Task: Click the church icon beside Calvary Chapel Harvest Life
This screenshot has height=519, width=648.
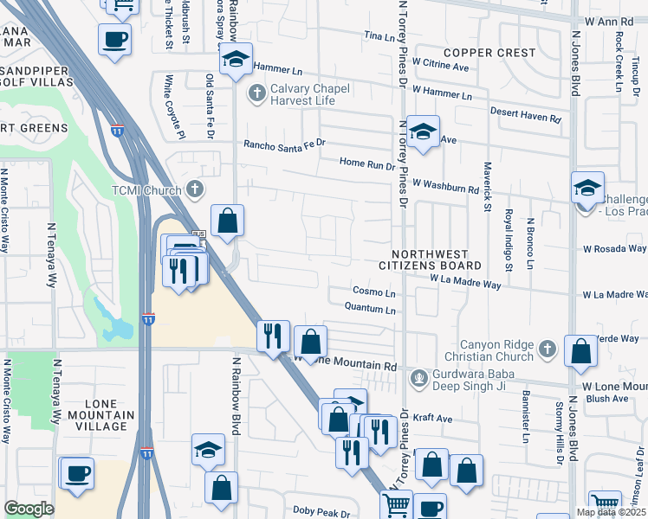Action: pyautogui.click(x=256, y=93)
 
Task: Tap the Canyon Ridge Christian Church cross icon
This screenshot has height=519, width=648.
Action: pyautogui.click(x=547, y=348)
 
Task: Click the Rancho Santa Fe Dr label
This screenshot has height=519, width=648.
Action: pyautogui.click(x=283, y=144)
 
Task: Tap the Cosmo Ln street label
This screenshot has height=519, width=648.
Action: pyautogui.click(x=374, y=292)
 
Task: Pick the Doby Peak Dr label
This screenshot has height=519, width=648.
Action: pyautogui.click(x=321, y=511)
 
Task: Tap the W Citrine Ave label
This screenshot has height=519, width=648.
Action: pyautogui.click(x=440, y=63)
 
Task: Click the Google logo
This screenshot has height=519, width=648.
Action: pyautogui.click(x=29, y=509)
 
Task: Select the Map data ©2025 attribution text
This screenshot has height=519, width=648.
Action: pyautogui.click(x=611, y=512)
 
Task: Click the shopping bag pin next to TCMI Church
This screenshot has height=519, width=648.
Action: pyautogui.click(x=227, y=221)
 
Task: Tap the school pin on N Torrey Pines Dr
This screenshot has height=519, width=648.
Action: pyautogui.click(x=422, y=131)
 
